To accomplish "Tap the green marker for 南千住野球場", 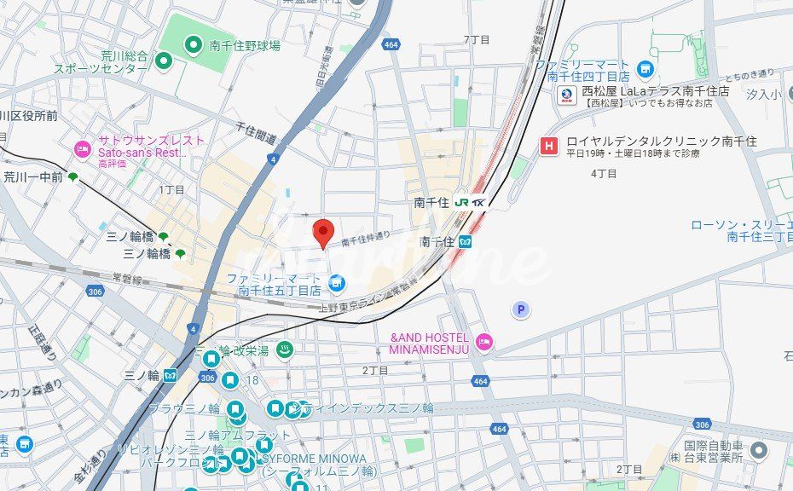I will coord(194,44).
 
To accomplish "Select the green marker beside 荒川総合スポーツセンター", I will coord(163,61).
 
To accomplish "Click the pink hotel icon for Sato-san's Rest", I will coord(83,150).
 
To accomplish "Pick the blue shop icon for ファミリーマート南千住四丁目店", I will coord(645,68).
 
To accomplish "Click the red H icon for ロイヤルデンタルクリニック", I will coord(548,146).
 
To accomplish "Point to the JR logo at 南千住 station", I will coord(461,203).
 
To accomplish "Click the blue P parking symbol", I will coord(520,310).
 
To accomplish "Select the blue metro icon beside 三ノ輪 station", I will coord(171,374).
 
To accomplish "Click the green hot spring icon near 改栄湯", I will coord(287,349).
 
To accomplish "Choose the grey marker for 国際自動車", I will coord(758,450).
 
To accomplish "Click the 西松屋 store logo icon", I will coord(567,95).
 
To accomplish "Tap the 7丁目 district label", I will coord(476,40).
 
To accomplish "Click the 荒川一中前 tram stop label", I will coord(34,177).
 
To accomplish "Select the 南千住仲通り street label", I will coord(365,240).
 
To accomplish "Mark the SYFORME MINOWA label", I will coord(316,458).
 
